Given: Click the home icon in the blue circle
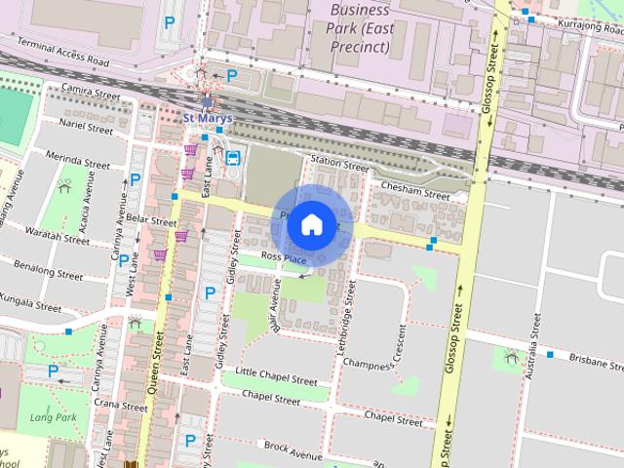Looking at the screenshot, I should coord(311,224).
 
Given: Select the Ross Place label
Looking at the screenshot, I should coord(284,259).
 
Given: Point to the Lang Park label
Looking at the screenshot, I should coord(53,418).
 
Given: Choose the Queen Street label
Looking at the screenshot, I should coord(154,361).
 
